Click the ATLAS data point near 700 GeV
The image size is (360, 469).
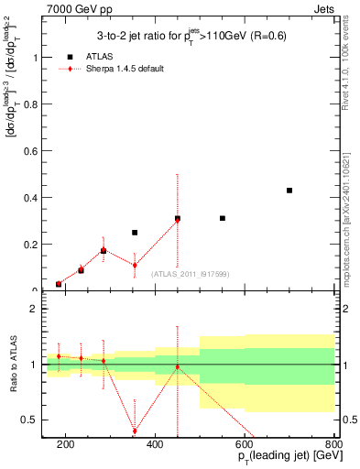pyautogui.click(x=289, y=191)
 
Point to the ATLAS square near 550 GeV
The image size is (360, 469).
pyautogui.click(x=223, y=218)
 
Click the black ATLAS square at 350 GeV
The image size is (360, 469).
pyautogui.click(x=135, y=233)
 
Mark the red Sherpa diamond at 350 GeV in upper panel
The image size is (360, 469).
pyautogui.click(x=135, y=266)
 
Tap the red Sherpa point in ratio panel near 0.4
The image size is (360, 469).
pyautogui.click(x=135, y=431)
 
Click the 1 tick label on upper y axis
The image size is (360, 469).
pyautogui.click(x=37, y=57)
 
